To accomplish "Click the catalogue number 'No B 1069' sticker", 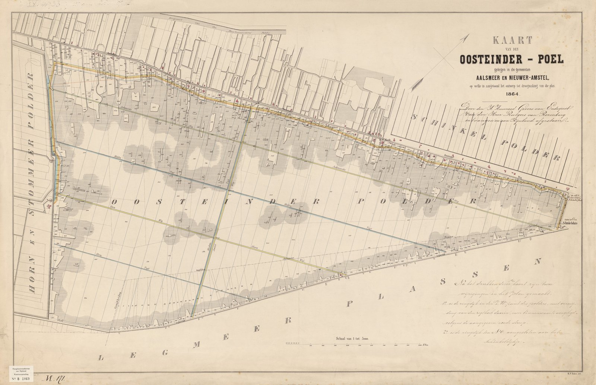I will pos(24,379).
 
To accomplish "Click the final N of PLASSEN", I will pos(538,262).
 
